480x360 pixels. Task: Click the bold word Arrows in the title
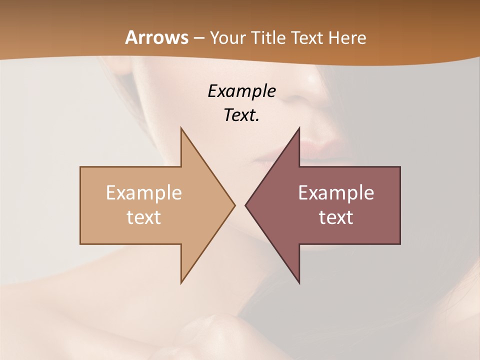[156, 37]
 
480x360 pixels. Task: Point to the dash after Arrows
[198, 38]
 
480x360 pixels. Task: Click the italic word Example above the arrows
[241, 91]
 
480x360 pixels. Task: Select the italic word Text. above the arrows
[241, 115]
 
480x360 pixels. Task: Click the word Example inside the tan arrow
[144, 193]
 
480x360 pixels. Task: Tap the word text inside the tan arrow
[144, 217]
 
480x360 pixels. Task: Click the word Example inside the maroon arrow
[336, 193]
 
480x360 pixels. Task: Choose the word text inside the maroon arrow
[336, 217]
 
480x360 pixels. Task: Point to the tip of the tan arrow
[234, 205]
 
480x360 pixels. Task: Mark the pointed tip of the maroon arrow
[246, 205]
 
